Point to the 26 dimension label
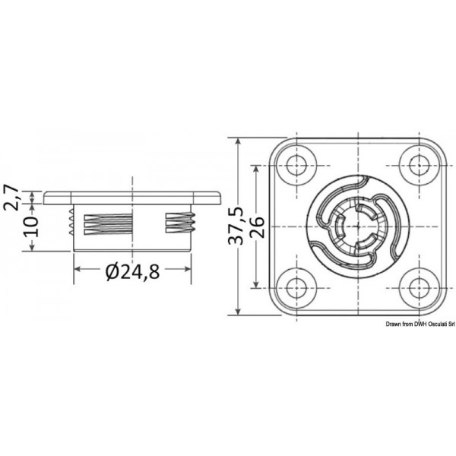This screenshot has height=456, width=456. coord(258,226)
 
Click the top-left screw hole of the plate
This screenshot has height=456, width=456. coord(294,163)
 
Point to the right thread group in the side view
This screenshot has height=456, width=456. coord(181,223)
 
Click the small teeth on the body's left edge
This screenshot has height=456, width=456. coord(71,223)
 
